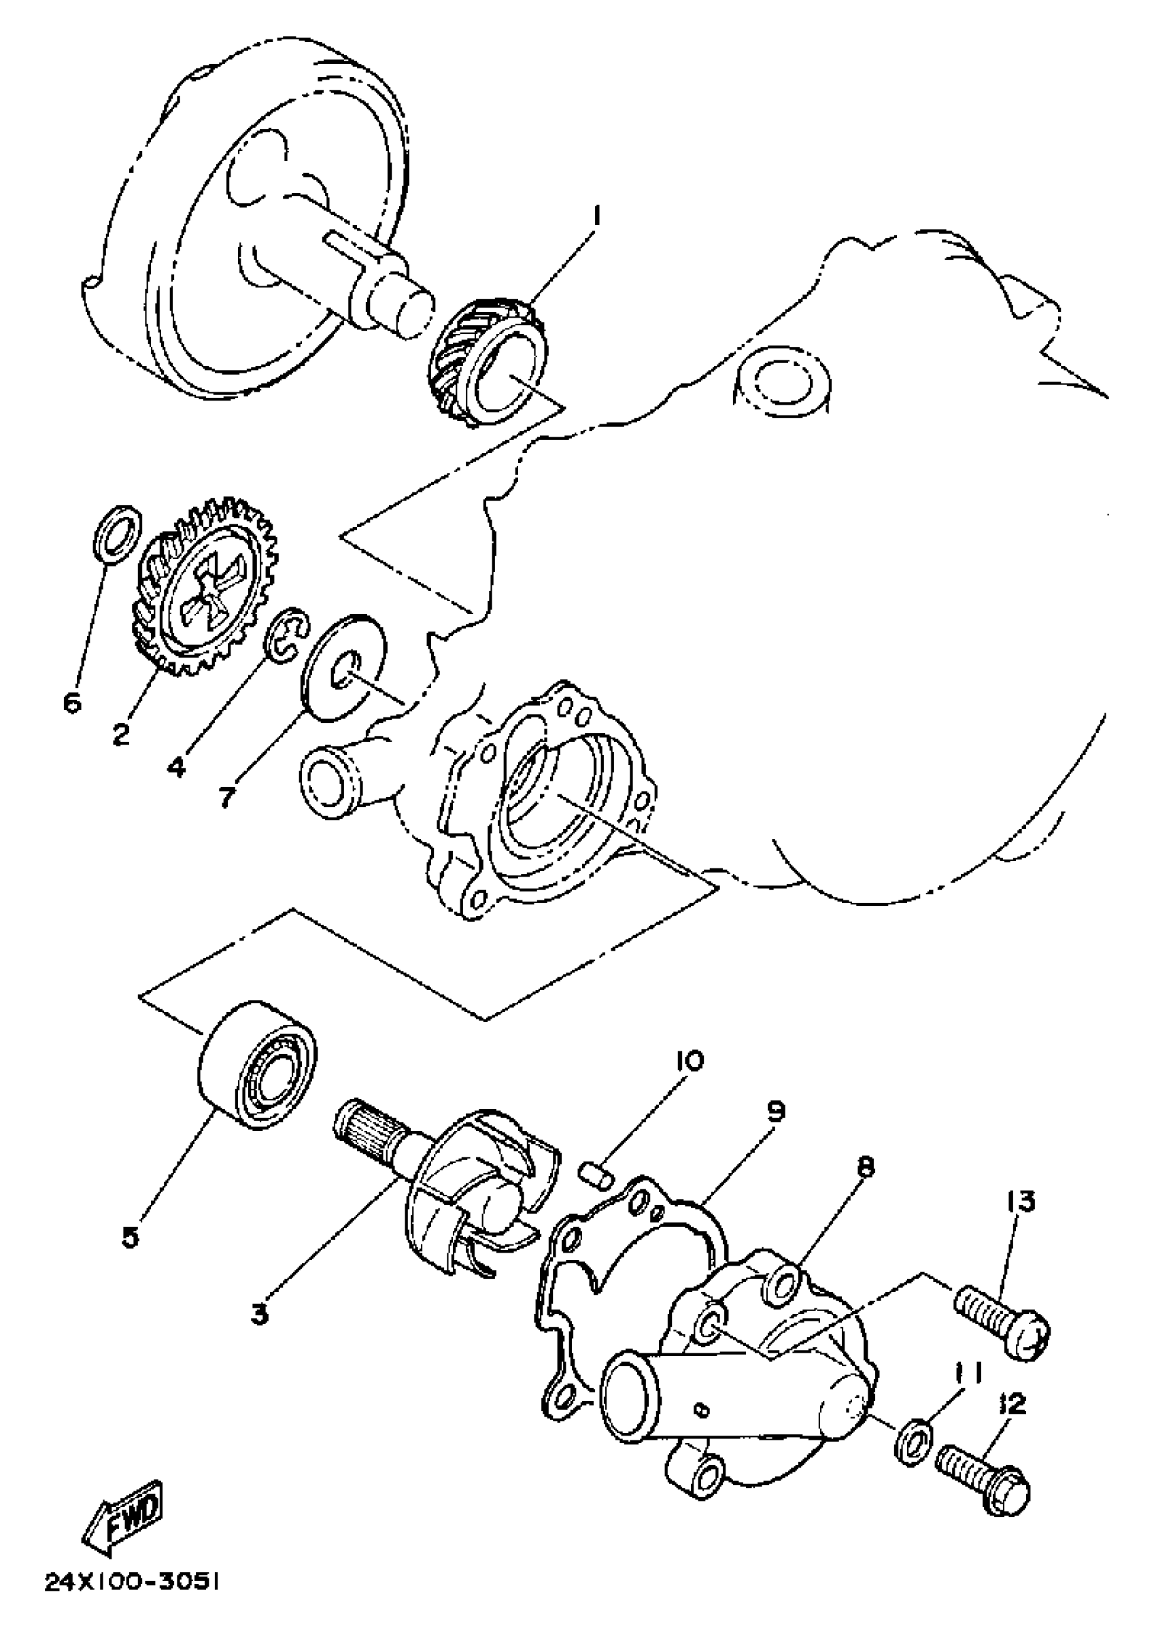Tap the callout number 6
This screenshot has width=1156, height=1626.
click(x=72, y=702)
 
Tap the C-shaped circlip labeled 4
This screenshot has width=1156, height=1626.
click(x=288, y=632)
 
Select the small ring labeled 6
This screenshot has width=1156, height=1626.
click(x=116, y=530)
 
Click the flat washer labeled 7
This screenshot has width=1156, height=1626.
click(x=345, y=666)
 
